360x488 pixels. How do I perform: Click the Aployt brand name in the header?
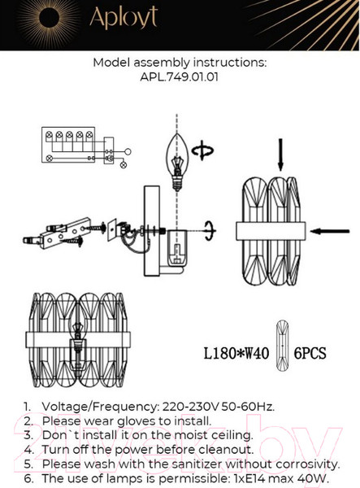(124, 18)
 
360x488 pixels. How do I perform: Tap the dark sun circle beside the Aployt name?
(49, 18)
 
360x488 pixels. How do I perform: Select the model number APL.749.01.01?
(180, 77)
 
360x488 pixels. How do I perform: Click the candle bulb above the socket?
(177, 162)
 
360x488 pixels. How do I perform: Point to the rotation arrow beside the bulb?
(202, 151)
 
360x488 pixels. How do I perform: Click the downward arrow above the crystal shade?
(280, 155)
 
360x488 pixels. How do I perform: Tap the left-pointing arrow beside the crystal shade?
(330, 231)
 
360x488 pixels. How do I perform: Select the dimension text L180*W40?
(236, 354)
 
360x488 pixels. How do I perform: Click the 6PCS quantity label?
(310, 354)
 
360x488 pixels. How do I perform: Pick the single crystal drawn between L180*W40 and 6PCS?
(282, 346)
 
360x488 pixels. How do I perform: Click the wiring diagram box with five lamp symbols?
(68, 145)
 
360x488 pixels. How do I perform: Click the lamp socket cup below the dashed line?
(177, 248)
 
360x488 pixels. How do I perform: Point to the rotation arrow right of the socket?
(210, 231)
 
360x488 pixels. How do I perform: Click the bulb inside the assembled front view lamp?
(78, 342)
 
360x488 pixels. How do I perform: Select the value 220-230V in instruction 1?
(191, 407)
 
